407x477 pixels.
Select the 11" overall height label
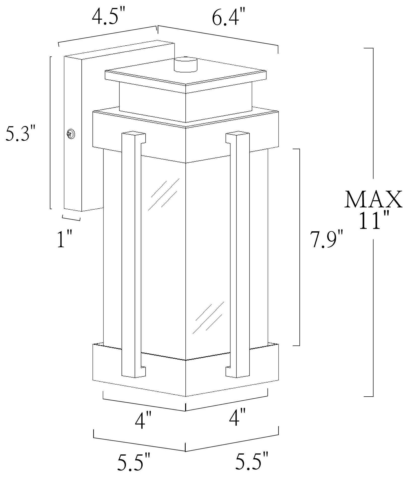374,221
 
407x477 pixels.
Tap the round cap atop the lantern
186,65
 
